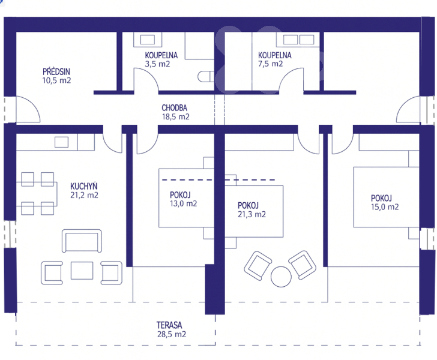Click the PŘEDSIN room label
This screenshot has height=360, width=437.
click(56, 71)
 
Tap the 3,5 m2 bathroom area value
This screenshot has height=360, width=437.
click(157, 64)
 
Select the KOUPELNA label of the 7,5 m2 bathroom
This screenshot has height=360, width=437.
click(275, 55)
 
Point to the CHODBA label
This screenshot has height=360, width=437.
click(175, 108)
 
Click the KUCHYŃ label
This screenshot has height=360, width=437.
click(84, 186)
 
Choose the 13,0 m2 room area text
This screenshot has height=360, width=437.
click(184, 203)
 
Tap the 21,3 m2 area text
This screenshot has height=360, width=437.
click(252, 214)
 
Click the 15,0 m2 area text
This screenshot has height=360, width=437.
click(385, 207)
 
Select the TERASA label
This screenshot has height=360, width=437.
click(169, 325)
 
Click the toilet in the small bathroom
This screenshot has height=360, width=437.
click(206, 77)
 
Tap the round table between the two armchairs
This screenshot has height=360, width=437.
click(281, 277)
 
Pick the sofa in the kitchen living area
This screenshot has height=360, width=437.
click(82, 241)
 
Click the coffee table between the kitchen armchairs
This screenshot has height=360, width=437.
click(82, 270)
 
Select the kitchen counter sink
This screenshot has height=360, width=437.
click(62, 142)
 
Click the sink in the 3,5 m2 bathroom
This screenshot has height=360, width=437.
click(148, 39)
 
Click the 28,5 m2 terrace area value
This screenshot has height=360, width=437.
click(172, 334)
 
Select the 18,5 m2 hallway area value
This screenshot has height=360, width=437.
click(176, 117)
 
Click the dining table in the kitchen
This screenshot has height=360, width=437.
click(37, 194)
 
